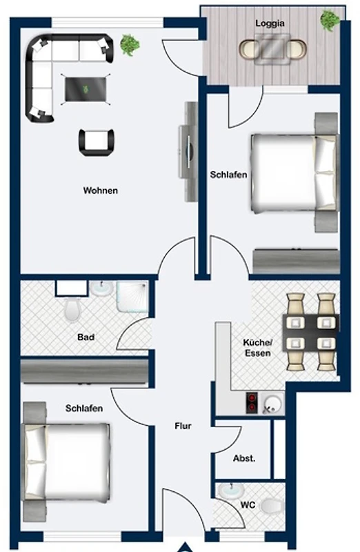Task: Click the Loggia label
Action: pyautogui.click(x=270, y=23)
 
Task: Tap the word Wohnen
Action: pyautogui.click(x=101, y=190)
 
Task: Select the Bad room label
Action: pyautogui.click(x=86, y=337)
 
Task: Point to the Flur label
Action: pyautogui.click(x=183, y=426)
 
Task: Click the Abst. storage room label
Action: pyautogui.click(x=244, y=458)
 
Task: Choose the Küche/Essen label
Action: pyautogui.click(x=258, y=348)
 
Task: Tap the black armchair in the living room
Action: pyautogui.click(x=97, y=142)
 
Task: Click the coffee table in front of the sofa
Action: pyautogui.click(x=86, y=90)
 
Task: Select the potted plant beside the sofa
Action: pyautogui.click(x=130, y=45)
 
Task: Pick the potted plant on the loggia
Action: pyautogui.click(x=330, y=21)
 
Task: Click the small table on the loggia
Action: pyautogui.click(x=272, y=49)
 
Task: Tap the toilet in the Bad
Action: pyautogui.click(x=72, y=310)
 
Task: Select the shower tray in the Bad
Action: pyautogui.click(x=132, y=297)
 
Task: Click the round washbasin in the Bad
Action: pyautogui.click(x=102, y=288)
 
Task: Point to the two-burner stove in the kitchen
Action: pyautogui.click(x=252, y=403)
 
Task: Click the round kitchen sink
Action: pyautogui.click(x=272, y=403)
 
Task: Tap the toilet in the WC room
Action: pyautogui.click(x=272, y=506)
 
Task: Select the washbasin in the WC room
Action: pyautogui.click(x=231, y=491)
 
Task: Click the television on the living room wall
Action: pyautogui.click(x=190, y=152)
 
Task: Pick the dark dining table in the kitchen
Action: pyautogui.click(x=311, y=333)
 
